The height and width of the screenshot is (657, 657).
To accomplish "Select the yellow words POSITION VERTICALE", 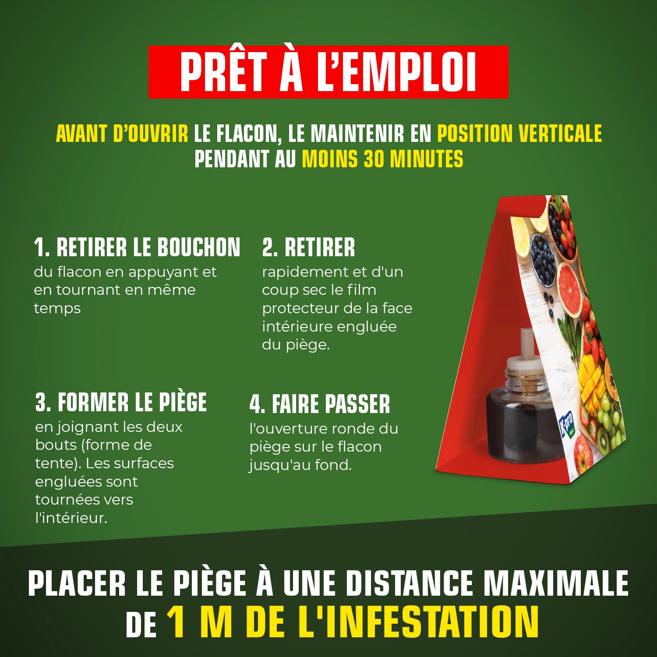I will click(x=519, y=134).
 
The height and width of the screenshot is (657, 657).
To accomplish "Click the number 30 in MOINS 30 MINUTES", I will click(x=374, y=159).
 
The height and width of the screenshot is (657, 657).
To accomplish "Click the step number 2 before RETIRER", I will click(x=268, y=247).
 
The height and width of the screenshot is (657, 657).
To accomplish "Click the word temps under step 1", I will click(x=57, y=308).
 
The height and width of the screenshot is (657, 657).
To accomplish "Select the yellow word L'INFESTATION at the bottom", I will click(x=418, y=622).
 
